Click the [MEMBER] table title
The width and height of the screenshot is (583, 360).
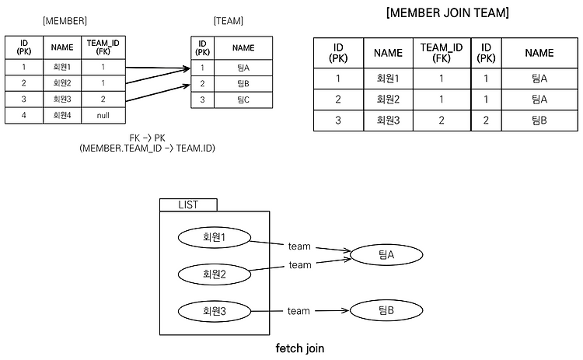(65, 21)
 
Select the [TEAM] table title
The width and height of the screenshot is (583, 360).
(229, 21)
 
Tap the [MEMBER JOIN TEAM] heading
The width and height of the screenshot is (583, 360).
(448, 12)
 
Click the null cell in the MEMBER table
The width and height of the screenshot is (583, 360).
(103, 115)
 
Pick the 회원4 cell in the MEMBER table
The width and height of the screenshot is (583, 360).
(62, 115)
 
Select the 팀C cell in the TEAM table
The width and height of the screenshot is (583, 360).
(243, 100)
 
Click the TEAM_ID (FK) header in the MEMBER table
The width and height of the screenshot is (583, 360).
(103, 47)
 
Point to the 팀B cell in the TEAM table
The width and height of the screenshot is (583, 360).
(243, 84)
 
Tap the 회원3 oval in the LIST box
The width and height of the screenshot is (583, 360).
(215, 311)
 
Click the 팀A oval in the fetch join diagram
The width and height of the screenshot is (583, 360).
(386, 255)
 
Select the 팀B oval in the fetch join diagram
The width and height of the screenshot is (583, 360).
(386, 310)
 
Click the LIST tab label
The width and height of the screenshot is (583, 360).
(188, 205)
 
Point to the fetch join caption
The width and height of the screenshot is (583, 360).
(300, 348)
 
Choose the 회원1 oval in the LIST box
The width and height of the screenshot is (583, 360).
(215, 237)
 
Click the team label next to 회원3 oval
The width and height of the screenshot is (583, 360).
(298, 311)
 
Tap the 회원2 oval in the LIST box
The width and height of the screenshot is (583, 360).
(215, 274)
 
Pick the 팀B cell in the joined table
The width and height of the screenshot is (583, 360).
(539, 121)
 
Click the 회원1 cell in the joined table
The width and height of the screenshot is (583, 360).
(388, 79)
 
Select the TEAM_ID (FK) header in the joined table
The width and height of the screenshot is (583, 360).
(442, 53)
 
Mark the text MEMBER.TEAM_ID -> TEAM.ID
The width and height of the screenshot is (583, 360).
(147, 149)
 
